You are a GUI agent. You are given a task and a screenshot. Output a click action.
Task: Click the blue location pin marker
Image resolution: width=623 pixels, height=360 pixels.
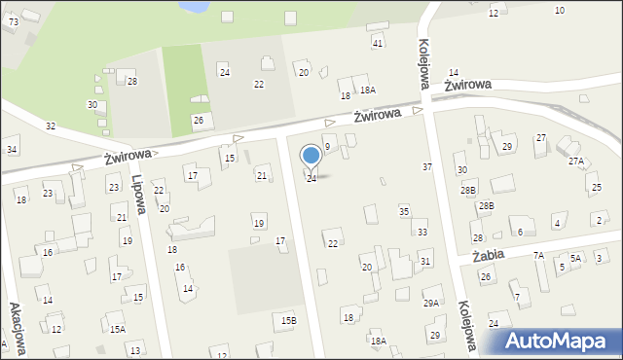tap(311, 157)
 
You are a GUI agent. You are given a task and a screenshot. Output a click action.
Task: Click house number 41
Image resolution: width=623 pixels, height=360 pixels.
tap(378, 44)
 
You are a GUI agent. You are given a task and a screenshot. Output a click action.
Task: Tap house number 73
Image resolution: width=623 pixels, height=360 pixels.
tap(12, 21)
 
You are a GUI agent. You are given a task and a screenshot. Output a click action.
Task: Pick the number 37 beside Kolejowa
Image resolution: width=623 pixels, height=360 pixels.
tap(426, 167)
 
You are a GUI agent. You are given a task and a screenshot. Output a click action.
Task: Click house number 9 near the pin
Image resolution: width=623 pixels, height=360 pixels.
tap(327, 146)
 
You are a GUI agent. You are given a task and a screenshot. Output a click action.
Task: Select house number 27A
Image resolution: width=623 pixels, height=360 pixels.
tap(575, 161)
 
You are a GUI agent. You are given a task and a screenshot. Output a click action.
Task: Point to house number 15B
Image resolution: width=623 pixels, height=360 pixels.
tap(288, 320)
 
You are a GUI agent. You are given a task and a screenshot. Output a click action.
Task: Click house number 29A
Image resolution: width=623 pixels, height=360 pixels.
tap(430, 304)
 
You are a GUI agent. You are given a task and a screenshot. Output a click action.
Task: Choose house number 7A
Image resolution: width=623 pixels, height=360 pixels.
tap(537, 255)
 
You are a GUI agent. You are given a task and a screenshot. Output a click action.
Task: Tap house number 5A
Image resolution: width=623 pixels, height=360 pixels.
tap(575, 258)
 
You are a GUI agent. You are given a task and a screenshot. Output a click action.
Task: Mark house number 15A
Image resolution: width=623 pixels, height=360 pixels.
tap(117, 330)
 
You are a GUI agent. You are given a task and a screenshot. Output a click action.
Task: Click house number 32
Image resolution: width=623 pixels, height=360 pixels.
tap(51, 126)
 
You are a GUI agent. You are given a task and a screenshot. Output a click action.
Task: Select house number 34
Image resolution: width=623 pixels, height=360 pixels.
tap(12, 149)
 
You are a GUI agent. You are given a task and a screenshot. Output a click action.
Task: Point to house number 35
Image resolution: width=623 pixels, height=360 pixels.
tap(404, 211)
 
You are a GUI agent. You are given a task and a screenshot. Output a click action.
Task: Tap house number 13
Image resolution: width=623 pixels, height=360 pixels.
tap(134, 350)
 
